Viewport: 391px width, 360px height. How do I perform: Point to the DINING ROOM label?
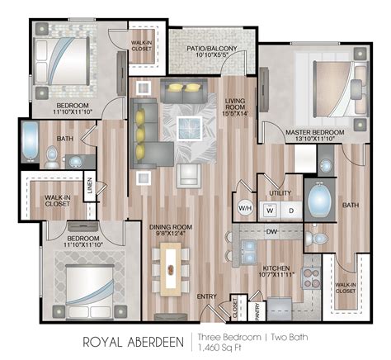pos(170,226)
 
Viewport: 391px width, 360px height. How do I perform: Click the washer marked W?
pos(269,210)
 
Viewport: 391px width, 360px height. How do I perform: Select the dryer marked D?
pos(290,210)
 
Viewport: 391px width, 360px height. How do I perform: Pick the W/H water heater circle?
pos(245,208)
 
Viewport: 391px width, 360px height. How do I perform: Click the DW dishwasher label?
pos(271,233)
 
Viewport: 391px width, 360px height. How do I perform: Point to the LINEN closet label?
pos(88,189)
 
